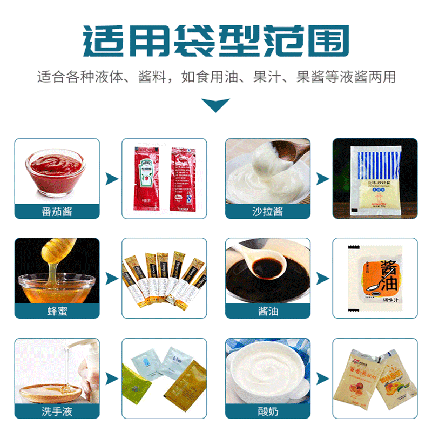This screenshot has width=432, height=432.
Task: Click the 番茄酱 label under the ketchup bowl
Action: [57, 211]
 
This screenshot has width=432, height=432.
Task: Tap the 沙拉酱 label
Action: [267, 211]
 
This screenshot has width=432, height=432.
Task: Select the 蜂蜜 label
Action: [57, 311]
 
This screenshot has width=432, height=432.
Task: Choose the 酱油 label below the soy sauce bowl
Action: [267, 311]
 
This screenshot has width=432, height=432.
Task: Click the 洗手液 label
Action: [57, 411]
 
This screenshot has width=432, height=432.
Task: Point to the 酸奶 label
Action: [267, 411]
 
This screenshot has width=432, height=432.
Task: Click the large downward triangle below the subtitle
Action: [215, 105]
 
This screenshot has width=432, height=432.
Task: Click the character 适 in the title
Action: [103, 40]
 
